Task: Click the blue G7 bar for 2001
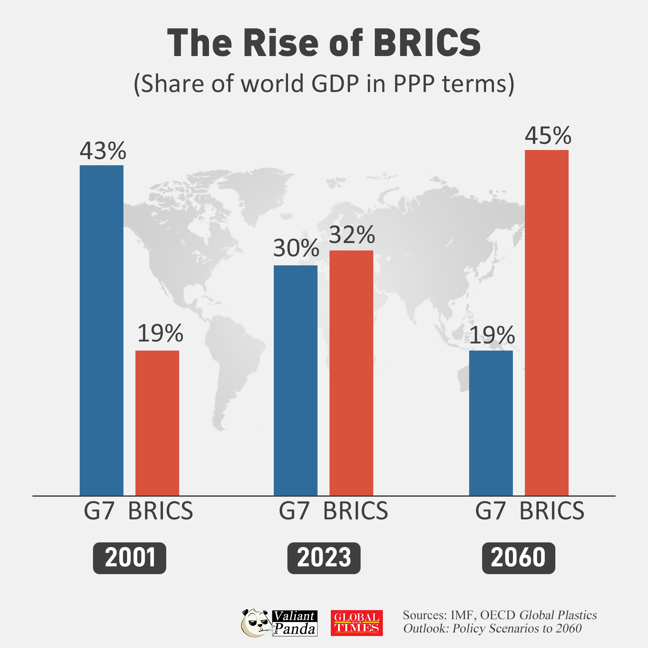pos(101,330)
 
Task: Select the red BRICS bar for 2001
pos(157,422)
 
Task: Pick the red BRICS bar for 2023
pos(351,373)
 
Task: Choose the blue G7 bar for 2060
pos(491,422)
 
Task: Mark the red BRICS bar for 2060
pos(546,322)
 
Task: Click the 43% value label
pos(103,151)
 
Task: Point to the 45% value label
pos(548,135)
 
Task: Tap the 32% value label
pos(352,235)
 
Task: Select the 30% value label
pos(296,248)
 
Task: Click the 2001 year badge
pos(130,558)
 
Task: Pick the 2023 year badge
pos(324,558)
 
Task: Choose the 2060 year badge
pos(518,558)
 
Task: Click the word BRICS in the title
pos(427,43)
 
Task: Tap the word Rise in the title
pos(280,43)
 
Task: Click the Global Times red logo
pos(356,623)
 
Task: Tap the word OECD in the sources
pos(497,615)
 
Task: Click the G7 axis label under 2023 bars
pos(294,511)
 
